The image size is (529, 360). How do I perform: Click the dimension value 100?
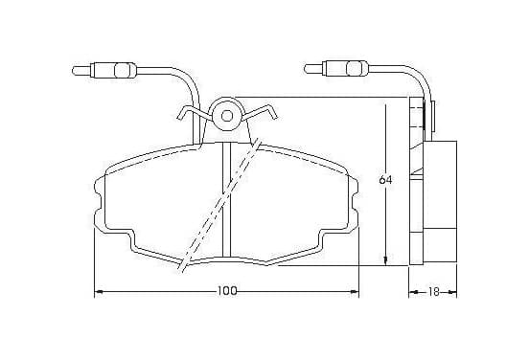pos(227,291)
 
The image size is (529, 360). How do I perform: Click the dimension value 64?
pos(385,180)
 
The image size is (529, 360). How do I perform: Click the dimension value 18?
pos(434,292)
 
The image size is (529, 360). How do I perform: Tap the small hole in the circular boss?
pos(227,116)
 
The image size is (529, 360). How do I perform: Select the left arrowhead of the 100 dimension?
pos(98,292)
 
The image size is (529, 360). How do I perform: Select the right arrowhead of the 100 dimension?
pos(355,292)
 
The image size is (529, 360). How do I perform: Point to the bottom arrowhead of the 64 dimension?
pos(385,260)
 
